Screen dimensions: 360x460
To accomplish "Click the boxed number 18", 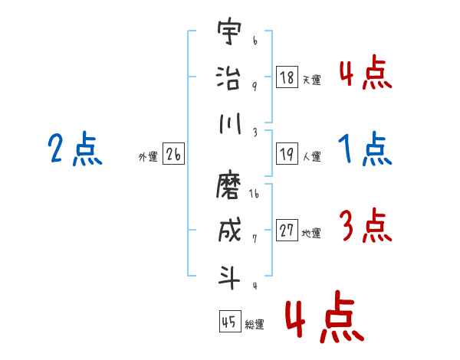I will coord(287,77).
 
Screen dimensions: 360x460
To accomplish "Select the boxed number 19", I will coord(287,154).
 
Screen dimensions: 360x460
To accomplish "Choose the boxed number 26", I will coord(173,155).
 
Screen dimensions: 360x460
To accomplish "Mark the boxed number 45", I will coord(229,322).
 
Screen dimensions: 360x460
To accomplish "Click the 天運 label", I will coord(311,79).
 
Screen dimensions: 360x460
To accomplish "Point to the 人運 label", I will coord(311,156).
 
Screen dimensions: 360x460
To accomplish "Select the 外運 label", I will coord(148,157).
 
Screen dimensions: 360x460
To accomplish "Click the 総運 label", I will coord(254,324).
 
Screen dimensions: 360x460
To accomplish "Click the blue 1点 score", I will coord(365,149).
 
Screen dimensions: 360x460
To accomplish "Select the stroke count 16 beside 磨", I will coord(255,195).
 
